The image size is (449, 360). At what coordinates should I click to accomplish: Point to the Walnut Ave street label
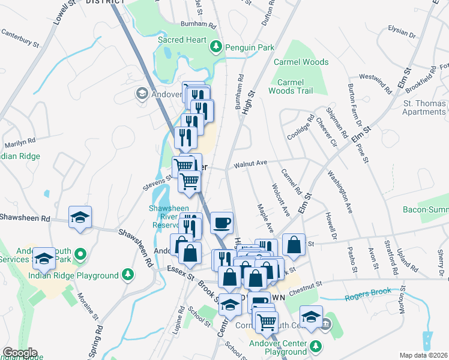(x=250, y=163)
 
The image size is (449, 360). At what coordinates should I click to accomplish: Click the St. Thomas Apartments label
(x=424, y=108)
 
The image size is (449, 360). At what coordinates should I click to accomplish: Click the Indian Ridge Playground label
(x=73, y=275)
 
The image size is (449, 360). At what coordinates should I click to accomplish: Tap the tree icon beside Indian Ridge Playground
(x=127, y=275)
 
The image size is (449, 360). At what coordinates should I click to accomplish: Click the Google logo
(x=20, y=353)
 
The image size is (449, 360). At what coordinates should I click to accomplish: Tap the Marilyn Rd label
(x=20, y=143)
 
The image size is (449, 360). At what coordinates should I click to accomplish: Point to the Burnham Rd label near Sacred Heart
(x=198, y=25)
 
